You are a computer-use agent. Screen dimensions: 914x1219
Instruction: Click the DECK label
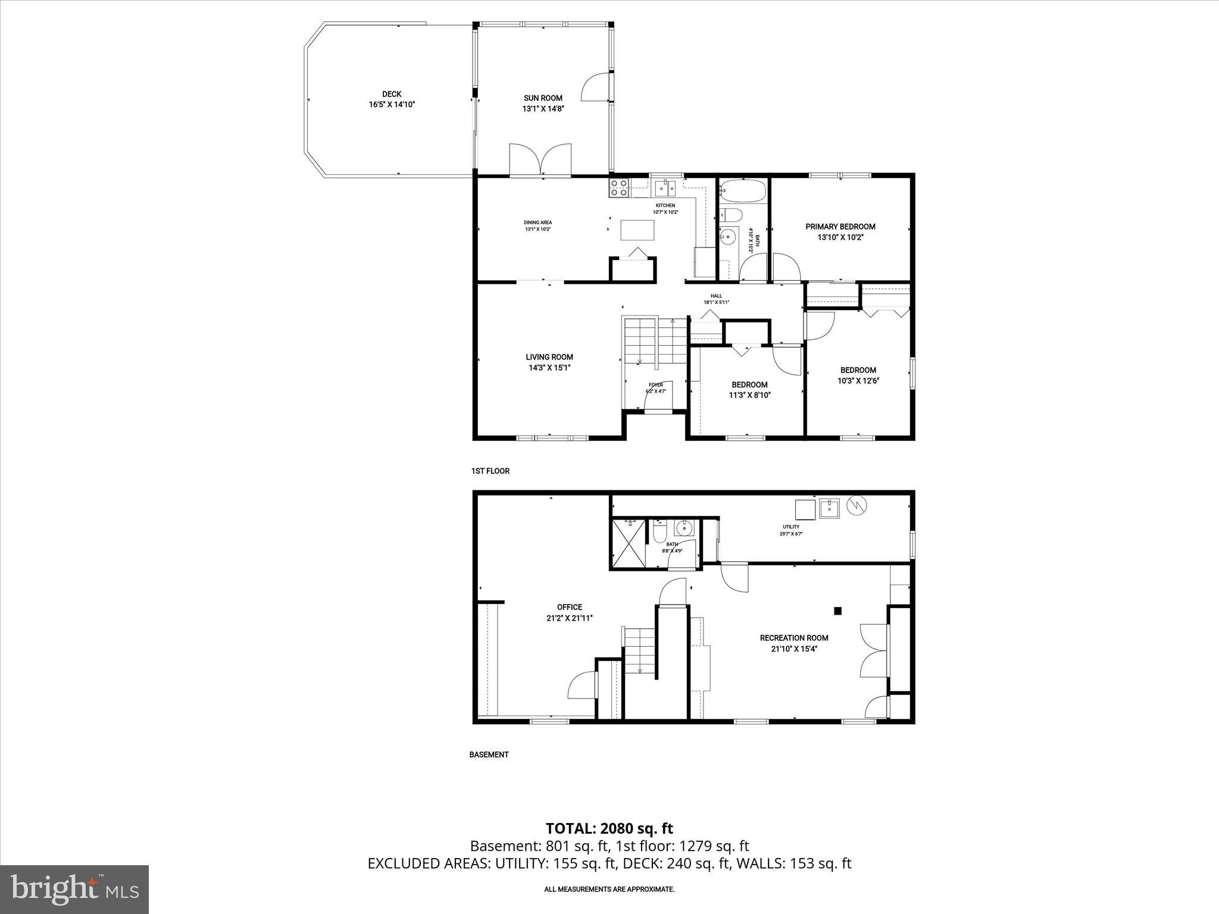tap(392, 94)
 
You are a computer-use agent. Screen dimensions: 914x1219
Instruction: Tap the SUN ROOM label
tap(543, 98)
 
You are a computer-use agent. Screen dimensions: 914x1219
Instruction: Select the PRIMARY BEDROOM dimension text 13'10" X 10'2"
tap(840, 237)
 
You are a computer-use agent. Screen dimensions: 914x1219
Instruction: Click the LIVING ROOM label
tap(549, 357)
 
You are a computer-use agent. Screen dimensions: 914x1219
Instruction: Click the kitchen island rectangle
tap(637, 230)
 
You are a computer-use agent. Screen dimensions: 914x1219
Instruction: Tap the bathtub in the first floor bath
tap(742, 191)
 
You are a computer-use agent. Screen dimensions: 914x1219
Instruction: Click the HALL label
tap(716, 296)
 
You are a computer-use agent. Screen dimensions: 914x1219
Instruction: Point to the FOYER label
tap(656, 384)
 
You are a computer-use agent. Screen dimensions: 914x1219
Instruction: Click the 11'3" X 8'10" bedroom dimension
tap(749, 395)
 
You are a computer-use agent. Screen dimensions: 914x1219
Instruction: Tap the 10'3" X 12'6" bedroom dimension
tap(858, 381)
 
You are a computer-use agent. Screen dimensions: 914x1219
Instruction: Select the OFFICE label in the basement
tap(570, 608)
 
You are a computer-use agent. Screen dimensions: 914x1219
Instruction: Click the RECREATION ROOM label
tap(794, 638)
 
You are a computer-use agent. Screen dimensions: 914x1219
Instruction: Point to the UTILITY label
tap(791, 527)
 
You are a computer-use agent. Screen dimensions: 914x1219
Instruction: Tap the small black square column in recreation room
tap(837, 611)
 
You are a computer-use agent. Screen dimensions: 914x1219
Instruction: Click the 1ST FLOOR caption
tap(490, 471)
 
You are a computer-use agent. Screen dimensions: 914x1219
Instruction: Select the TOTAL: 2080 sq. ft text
tap(609, 828)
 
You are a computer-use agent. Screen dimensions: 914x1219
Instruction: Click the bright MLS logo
tap(74, 890)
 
